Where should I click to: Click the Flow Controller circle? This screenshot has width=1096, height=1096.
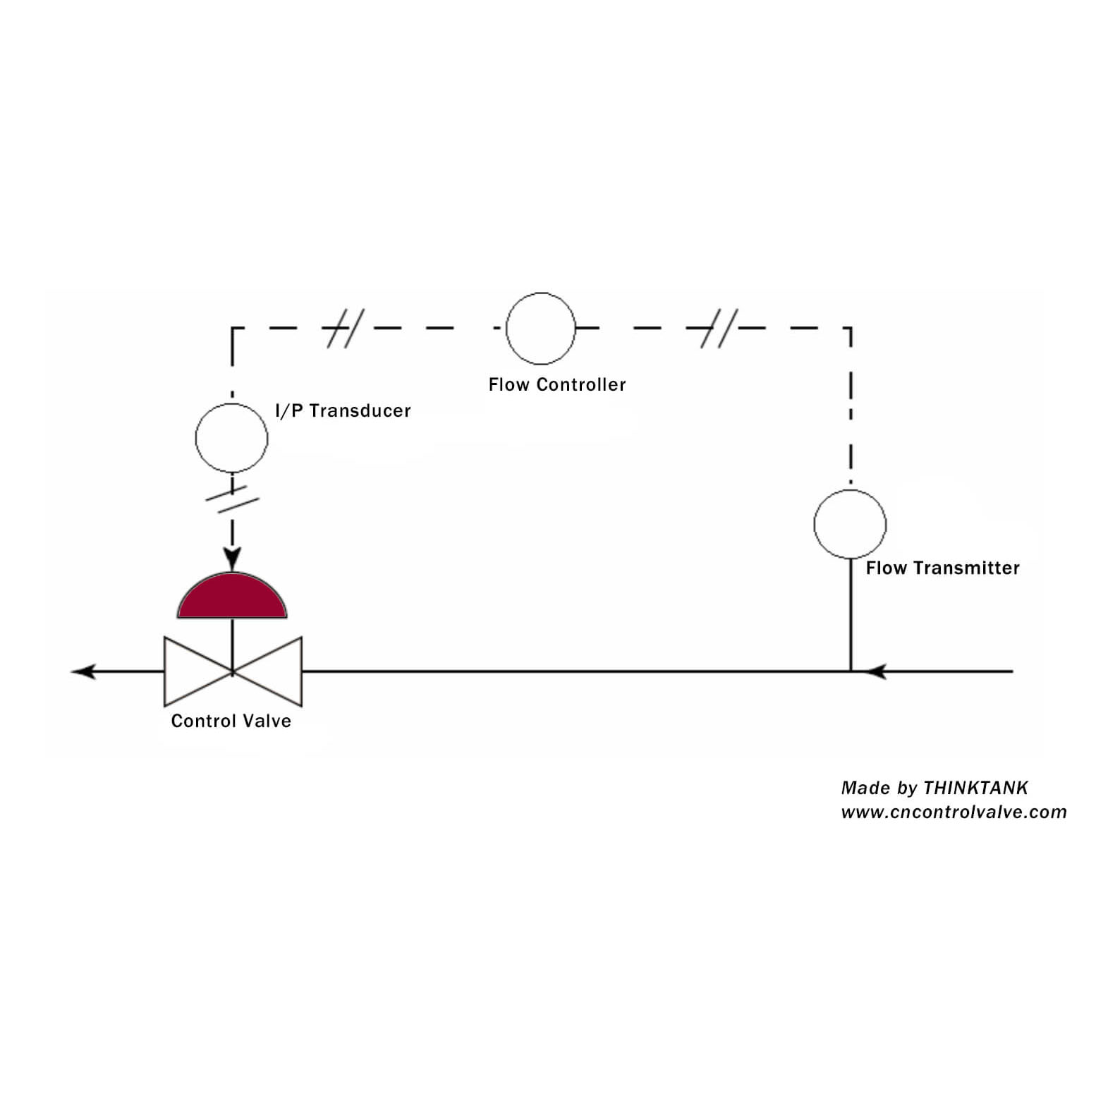point(541,293)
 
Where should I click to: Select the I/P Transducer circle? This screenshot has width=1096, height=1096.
point(231,404)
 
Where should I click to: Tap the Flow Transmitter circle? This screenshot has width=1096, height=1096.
point(850,491)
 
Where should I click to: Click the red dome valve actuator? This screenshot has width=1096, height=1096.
point(232,597)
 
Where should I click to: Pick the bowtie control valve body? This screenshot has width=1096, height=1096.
point(233,671)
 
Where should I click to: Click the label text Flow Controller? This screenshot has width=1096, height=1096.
point(557,384)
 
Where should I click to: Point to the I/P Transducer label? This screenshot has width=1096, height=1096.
point(343,410)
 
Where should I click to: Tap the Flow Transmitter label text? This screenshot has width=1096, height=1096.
point(943,568)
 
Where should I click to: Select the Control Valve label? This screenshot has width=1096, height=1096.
point(231,721)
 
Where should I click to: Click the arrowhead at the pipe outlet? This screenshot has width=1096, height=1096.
point(83,671)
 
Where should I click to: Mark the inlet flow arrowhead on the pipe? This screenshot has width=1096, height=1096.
point(875,671)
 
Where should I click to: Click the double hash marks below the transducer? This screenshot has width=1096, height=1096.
point(232,497)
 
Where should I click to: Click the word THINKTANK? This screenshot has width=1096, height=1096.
point(976,788)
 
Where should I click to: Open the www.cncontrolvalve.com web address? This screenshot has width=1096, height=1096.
point(954,812)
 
